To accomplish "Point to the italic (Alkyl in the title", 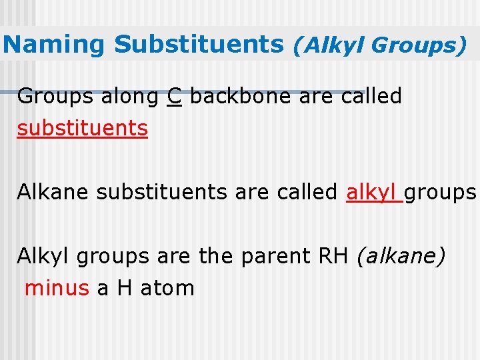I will pyautogui.click(x=329, y=45).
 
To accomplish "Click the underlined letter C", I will pyautogui.click(x=175, y=97).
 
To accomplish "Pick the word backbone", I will pyautogui.click(x=241, y=97).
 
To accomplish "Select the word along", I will pyautogui.click(x=129, y=97).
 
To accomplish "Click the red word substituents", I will pyautogui.click(x=83, y=128).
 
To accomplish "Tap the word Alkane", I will pyautogui.click(x=54, y=192).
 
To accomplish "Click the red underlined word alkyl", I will pyautogui.click(x=372, y=192).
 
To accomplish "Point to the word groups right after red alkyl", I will pyautogui.click(x=440, y=193).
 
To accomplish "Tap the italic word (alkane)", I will pyautogui.click(x=401, y=257).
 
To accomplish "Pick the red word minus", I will pyautogui.click(x=57, y=288).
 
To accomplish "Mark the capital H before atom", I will pyautogui.click(x=125, y=288).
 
